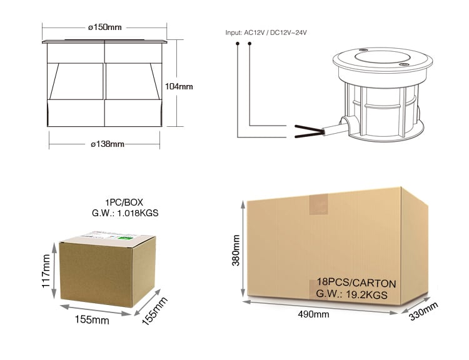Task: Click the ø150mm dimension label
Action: click(x=105, y=27)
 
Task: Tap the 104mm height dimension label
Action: click(x=179, y=86)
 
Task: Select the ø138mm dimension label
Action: click(x=108, y=144)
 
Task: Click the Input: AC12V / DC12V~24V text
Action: click(x=266, y=32)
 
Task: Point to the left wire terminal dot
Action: click(x=238, y=44)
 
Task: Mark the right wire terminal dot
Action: click(x=250, y=44)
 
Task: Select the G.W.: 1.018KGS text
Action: click(x=125, y=213)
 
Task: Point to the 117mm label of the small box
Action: click(x=46, y=271)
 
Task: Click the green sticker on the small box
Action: click(x=125, y=238)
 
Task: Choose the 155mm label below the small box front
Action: click(x=92, y=319)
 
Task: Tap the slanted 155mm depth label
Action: click(x=154, y=311)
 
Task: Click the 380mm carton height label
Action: click(x=236, y=250)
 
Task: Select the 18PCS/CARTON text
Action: click(x=356, y=283)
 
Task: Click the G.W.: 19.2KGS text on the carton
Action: click(x=351, y=294)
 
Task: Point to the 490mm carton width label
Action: click(x=313, y=314)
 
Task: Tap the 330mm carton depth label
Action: click(x=423, y=311)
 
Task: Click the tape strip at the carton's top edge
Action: click(x=318, y=204)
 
